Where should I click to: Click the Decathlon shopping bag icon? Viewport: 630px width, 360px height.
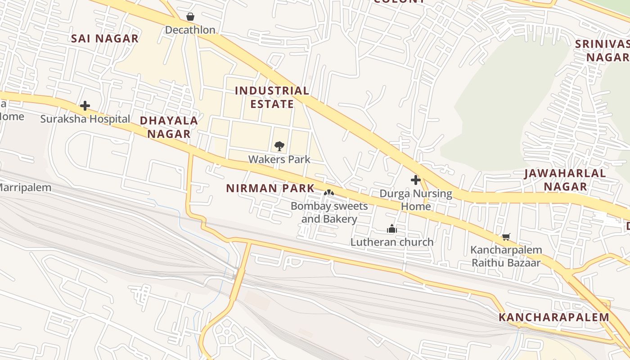(x=190, y=17)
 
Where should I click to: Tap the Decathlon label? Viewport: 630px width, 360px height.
(x=190, y=30)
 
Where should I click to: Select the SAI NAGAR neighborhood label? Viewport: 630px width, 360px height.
(x=105, y=39)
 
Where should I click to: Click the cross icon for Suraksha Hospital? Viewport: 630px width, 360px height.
(x=85, y=106)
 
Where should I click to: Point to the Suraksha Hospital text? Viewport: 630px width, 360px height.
(x=85, y=119)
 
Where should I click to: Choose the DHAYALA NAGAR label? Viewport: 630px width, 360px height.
(x=169, y=127)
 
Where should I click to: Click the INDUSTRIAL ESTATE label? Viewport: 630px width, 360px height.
(x=272, y=97)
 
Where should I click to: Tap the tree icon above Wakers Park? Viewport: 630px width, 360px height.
(x=279, y=146)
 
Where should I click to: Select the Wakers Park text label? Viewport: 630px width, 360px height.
(x=279, y=159)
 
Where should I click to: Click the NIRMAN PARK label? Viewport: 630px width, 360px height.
(x=270, y=188)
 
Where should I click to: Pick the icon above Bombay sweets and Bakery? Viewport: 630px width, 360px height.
(x=329, y=193)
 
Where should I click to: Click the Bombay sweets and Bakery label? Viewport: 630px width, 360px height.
(x=329, y=212)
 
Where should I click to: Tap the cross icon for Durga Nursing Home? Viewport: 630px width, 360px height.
(x=415, y=180)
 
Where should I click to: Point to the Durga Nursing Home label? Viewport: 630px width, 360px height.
(x=416, y=200)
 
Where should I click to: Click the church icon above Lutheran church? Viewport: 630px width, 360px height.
(x=392, y=229)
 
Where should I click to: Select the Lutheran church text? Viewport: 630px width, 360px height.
(x=392, y=242)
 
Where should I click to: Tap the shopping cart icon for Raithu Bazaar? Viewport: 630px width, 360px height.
(x=506, y=237)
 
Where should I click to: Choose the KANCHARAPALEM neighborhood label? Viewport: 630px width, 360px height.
(x=553, y=317)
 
